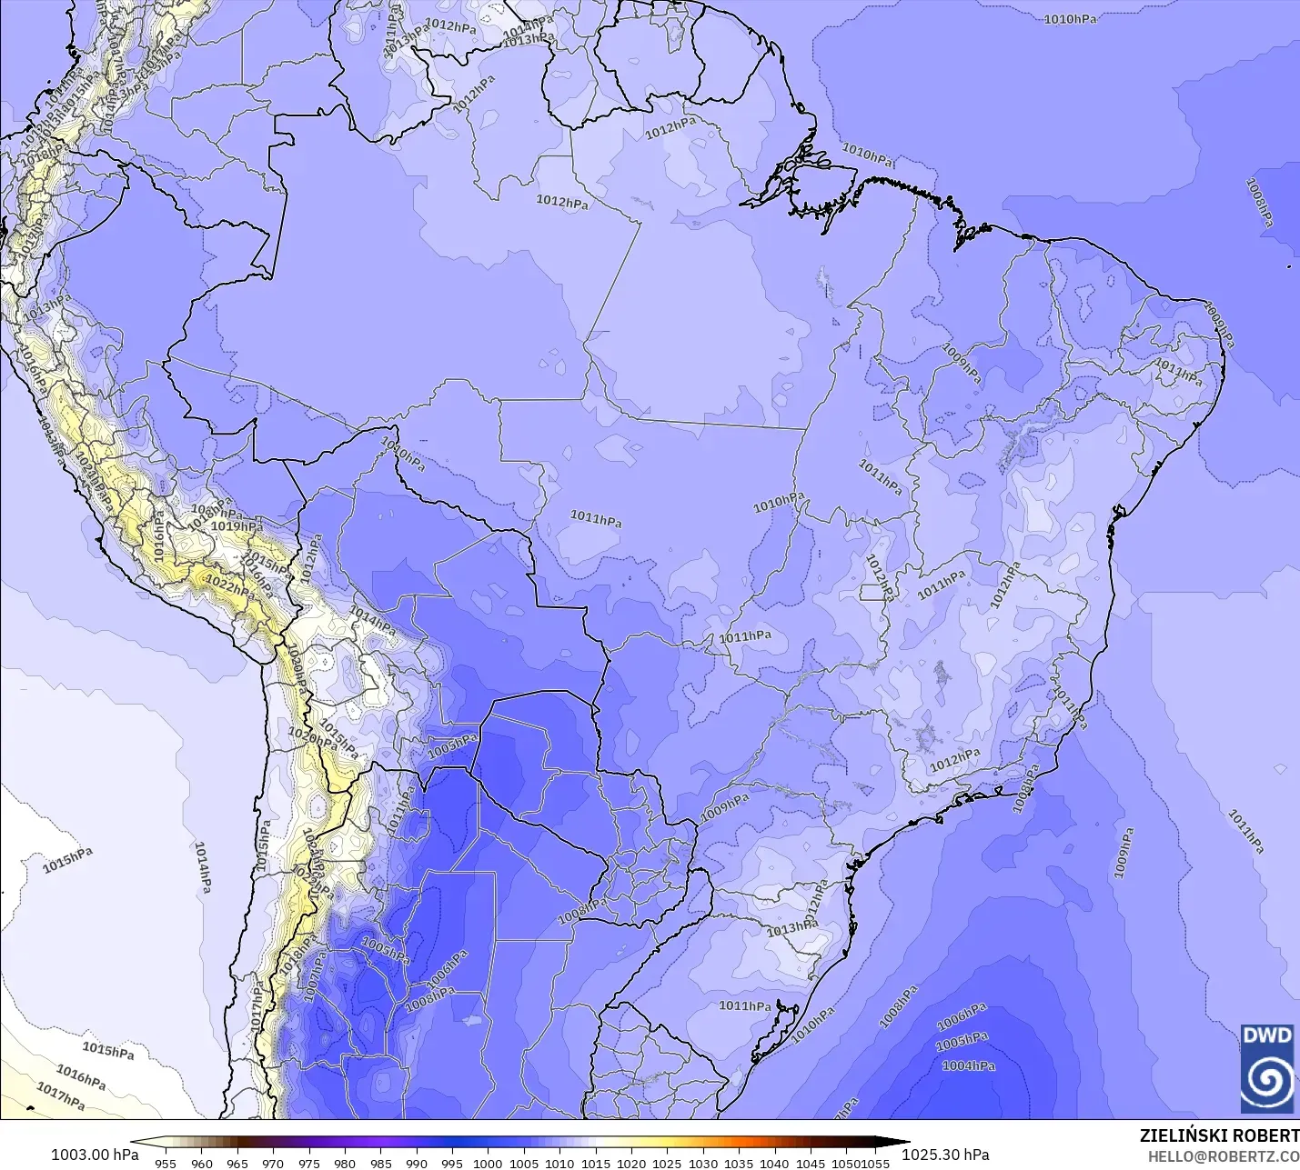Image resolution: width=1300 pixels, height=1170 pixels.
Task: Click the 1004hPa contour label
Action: pyautogui.click(x=968, y=1065)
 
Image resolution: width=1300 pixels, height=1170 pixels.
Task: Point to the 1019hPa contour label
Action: pyautogui.click(x=237, y=526)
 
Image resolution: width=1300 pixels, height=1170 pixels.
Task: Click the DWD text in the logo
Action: pyautogui.click(x=1267, y=1036)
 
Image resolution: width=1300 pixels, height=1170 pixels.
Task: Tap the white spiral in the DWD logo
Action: pyautogui.click(x=1267, y=1079)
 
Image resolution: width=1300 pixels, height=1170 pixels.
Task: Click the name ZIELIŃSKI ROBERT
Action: pyautogui.click(x=1219, y=1135)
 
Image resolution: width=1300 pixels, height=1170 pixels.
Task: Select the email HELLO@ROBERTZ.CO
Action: pyautogui.click(x=1223, y=1156)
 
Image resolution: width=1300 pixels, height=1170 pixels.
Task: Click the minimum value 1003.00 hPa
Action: pyautogui.click(x=95, y=1155)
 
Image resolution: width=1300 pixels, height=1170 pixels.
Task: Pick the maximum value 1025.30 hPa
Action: pyautogui.click(x=945, y=1155)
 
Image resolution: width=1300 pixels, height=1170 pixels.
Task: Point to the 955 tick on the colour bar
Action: pyautogui.click(x=166, y=1163)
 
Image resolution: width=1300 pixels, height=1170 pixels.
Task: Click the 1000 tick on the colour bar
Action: pyautogui.click(x=488, y=1163)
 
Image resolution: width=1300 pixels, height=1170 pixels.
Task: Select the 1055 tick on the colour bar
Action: pyautogui.click(x=876, y=1163)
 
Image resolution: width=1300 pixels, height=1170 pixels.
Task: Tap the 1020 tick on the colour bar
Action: pyautogui.click(x=631, y=1163)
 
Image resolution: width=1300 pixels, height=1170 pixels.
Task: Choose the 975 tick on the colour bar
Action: pyautogui.click(x=308, y=1163)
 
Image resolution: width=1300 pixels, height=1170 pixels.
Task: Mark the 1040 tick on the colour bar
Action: pyautogui.click(x=774, y=1163)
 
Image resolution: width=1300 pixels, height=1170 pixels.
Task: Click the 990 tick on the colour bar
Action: pyautogui.click(x=416, y=1163)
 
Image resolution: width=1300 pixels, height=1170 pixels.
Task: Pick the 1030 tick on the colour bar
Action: pyautogui.click(x=702, y=1163)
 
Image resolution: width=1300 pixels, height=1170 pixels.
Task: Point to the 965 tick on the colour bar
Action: pyautogui.click(x=237, y=1163)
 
